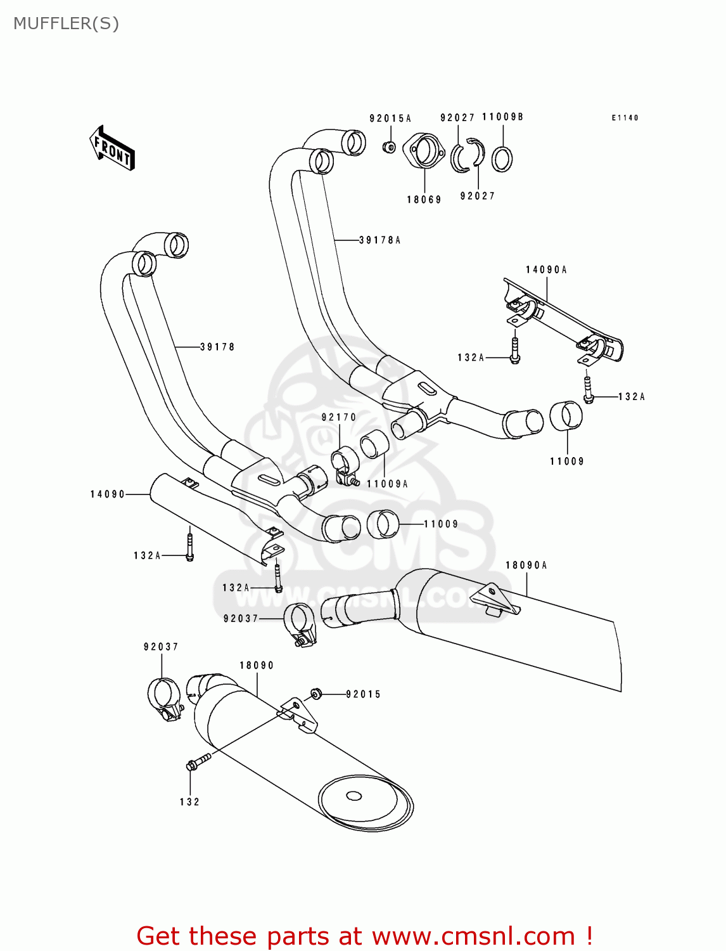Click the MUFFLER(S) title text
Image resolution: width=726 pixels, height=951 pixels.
(66, 23)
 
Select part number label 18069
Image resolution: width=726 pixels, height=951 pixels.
(424, 200)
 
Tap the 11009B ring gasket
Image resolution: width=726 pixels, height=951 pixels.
(502, 158)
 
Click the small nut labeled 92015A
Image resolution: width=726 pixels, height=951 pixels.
(390, 147)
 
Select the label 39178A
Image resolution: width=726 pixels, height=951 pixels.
(380, 240)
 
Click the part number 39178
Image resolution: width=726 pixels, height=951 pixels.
(217, 347)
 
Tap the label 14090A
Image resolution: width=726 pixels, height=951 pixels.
(546, 270)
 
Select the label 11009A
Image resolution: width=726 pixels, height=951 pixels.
(387, 484)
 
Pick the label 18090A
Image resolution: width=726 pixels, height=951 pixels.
(526, 566)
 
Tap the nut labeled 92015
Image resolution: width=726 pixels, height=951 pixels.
(316, 694)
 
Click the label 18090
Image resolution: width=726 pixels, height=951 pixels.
(257, 666)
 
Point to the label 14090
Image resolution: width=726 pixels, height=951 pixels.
(108, 495)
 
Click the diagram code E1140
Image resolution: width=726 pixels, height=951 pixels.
(625, 118)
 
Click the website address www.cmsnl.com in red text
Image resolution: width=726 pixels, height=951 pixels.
(482, 936)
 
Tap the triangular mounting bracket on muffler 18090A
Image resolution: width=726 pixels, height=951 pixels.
(495, 599)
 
